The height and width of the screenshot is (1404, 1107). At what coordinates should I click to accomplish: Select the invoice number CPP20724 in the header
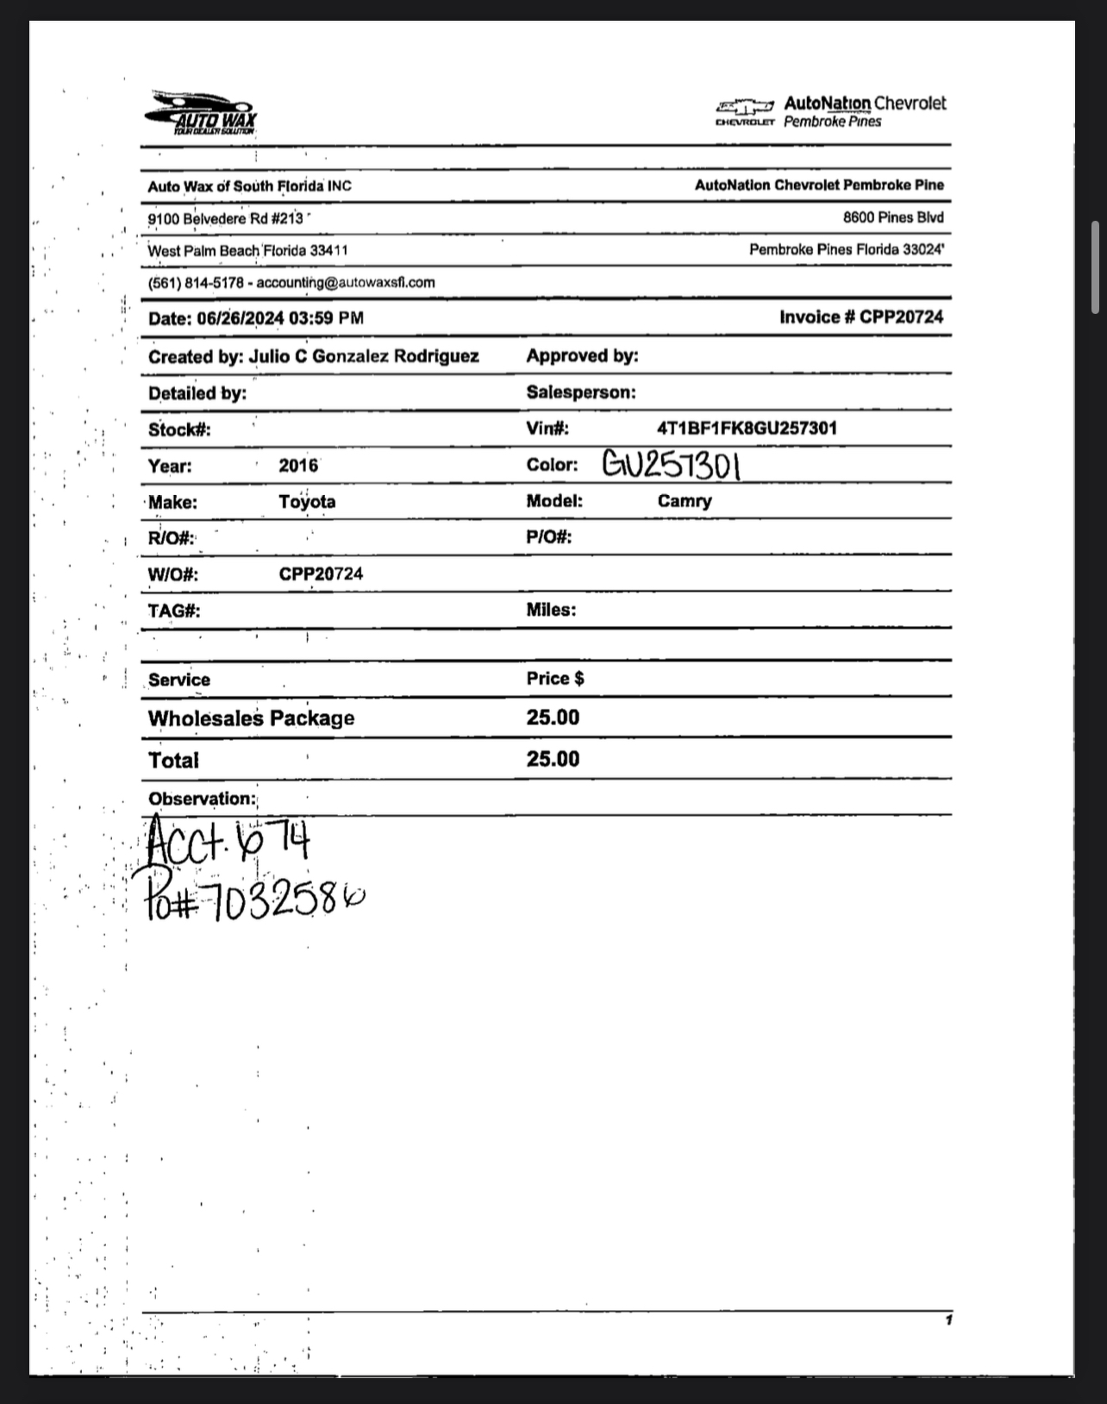pos(901,317)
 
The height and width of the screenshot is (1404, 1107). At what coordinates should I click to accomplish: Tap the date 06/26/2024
pos(241,318)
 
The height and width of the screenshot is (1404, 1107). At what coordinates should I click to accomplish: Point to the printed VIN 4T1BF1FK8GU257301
pos(747,428)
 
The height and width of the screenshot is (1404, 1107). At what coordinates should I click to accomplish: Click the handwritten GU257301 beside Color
pos(671,466)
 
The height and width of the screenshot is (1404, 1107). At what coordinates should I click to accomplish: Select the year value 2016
pos(298,466)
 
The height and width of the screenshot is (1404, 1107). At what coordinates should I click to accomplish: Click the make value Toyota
pos(307,502)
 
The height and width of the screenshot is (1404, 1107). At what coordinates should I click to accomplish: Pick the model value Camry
pos(685,501)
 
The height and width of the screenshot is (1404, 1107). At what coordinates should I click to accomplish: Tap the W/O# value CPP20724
pos(321,574)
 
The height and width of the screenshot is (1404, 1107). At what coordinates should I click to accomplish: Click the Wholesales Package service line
pos(251,718)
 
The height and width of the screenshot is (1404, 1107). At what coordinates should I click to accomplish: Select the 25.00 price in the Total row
pos(553,759)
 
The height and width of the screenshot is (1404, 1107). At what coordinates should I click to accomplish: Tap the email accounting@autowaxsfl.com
pos(346,282)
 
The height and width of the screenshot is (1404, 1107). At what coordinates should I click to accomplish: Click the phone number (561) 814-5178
pos(196,282)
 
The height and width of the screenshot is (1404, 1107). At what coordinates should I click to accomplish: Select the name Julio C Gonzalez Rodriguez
pos(363,356)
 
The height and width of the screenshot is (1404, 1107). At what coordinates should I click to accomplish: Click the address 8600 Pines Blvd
pos(893,217)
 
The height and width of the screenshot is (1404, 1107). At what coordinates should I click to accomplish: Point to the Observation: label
pos(202,799)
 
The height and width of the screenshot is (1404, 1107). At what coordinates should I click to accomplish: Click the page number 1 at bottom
pos(948,1319)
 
